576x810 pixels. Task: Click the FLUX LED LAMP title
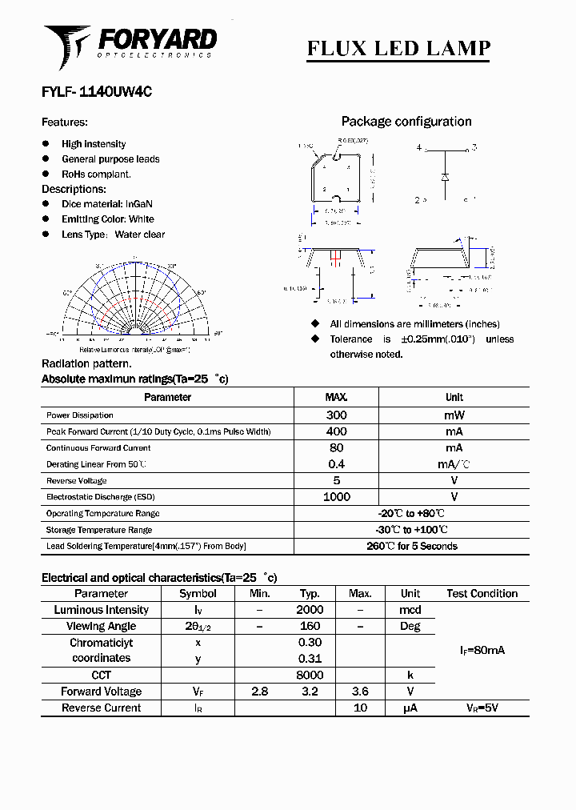(398, 48)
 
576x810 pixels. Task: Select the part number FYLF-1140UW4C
(96, 92)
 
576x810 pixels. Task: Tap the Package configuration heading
(406, 122)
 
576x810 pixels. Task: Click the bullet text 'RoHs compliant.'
(96, 174)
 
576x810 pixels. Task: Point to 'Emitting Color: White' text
(108, 219)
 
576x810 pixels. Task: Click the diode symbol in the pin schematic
(445, 175)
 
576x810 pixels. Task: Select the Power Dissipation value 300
(336, 415)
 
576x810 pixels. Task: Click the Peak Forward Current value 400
(336, 431)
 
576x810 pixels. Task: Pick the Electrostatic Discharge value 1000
(336, 497)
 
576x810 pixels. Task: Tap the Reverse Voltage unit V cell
(454, 480)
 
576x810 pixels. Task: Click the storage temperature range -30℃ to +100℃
(411, 530)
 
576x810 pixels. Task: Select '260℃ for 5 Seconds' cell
(411, 546)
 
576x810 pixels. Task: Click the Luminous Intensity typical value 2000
(310, 610)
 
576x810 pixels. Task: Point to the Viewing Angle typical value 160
(310, 626)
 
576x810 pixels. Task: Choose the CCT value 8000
(310, 675)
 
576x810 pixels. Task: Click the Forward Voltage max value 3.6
(360, 692)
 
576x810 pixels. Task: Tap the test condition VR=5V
(482, 708)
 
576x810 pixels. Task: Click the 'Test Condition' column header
(482, 593)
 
